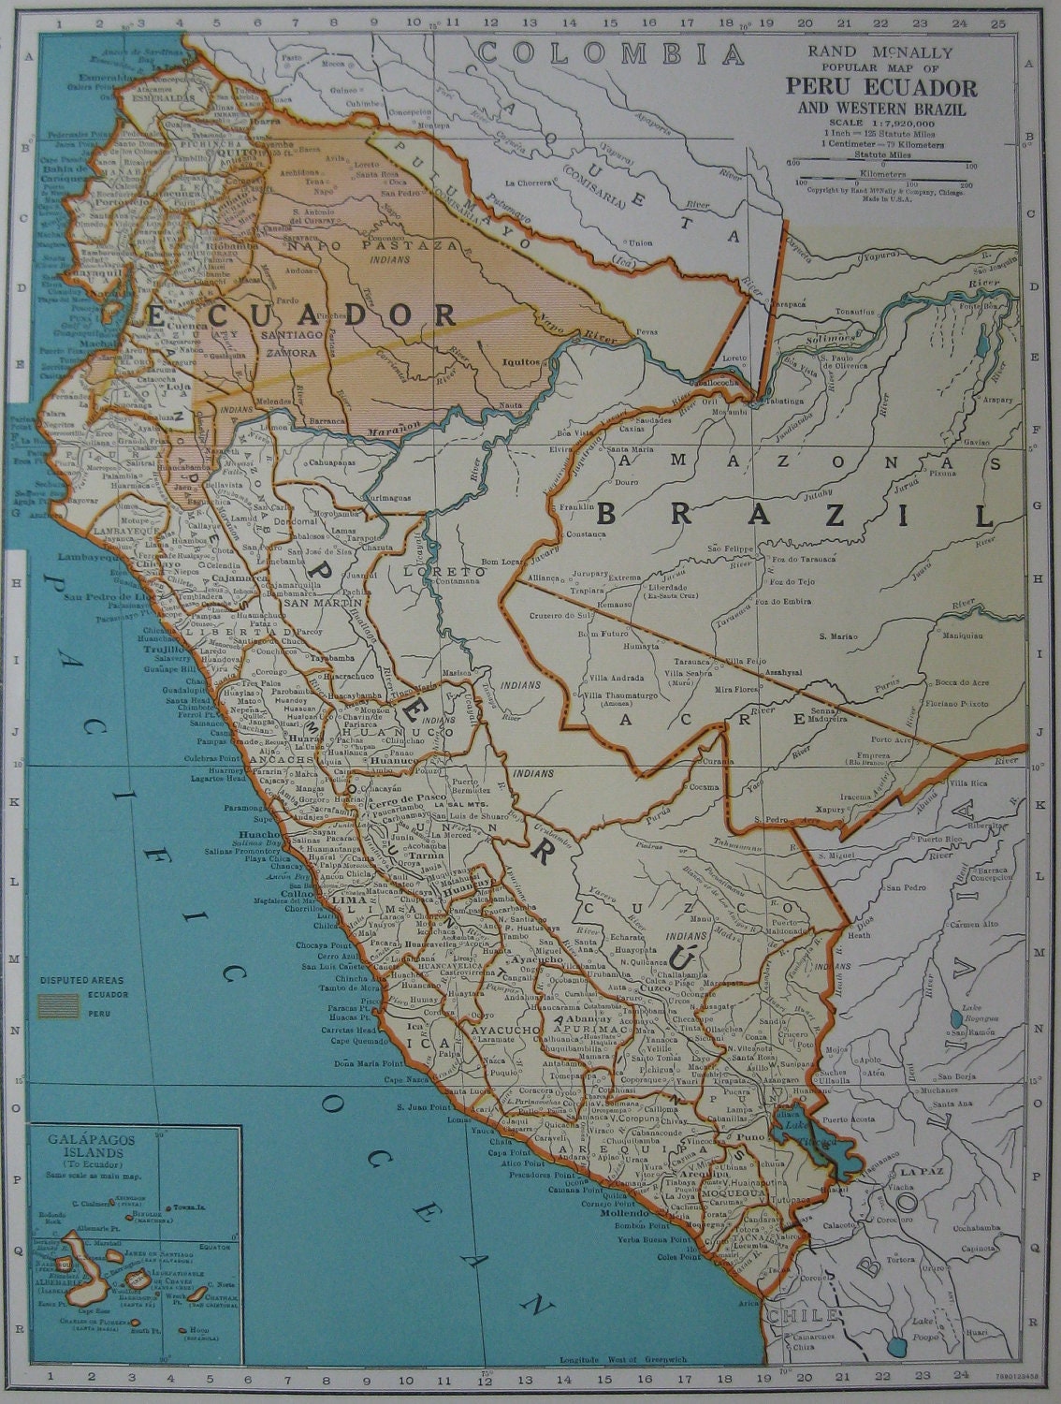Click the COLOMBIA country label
611,53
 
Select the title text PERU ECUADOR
881,88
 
